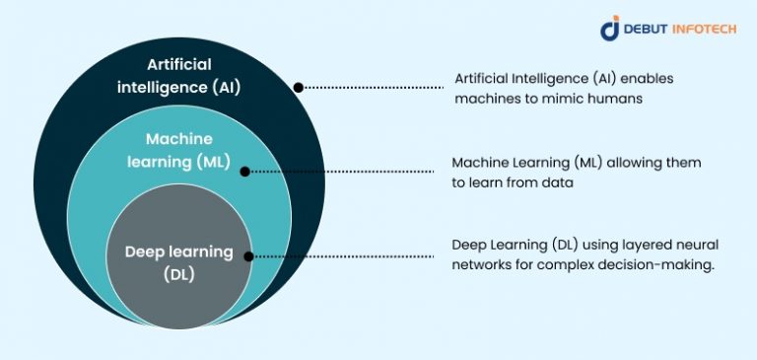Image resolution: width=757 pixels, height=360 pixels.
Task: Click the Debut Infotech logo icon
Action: click(610, 29)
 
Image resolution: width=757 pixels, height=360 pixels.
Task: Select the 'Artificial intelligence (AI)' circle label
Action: click(194, 75)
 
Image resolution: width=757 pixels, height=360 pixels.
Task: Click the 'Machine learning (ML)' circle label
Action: click(179, 151)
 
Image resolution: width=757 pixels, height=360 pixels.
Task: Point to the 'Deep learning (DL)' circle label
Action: click(179, 262)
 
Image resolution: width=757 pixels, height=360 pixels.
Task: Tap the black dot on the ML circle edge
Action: click(246, 170)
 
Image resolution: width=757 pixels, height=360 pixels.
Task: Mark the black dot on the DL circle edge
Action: click(248, 256)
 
